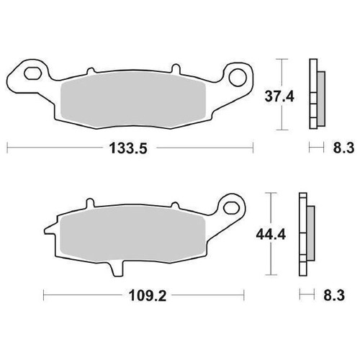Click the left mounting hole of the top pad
click(x=31, y=73)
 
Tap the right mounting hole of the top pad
click(x=234, y=74)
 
